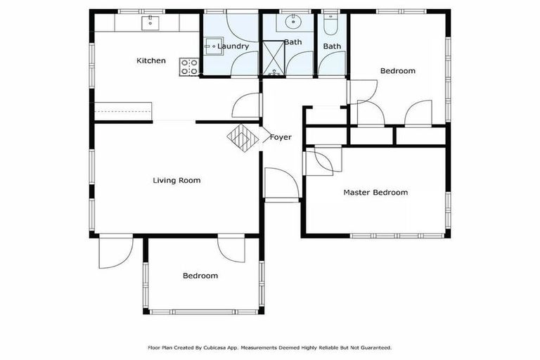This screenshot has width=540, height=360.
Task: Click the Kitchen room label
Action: point(151,61)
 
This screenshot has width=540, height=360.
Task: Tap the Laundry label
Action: point(233,46)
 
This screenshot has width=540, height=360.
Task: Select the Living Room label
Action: point(176,181)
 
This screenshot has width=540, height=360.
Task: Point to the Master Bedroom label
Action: point(375,193)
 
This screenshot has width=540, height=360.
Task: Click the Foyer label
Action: point(281,138)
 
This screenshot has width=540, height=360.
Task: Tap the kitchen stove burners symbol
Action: point(189,67)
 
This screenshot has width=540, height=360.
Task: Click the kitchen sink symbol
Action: point(150,23)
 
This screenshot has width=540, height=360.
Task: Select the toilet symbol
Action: point(330,22)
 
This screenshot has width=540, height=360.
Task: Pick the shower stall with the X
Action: point(272,58)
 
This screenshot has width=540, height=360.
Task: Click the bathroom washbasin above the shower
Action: point(292,21)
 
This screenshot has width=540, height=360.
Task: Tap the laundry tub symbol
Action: point(210,47)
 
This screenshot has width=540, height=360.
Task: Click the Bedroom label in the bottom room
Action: point(200,276)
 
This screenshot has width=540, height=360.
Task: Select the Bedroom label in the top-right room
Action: point(397,71)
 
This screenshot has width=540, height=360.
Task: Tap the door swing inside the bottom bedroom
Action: point(231,250)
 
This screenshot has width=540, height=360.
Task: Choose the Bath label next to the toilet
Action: point(332,46)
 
